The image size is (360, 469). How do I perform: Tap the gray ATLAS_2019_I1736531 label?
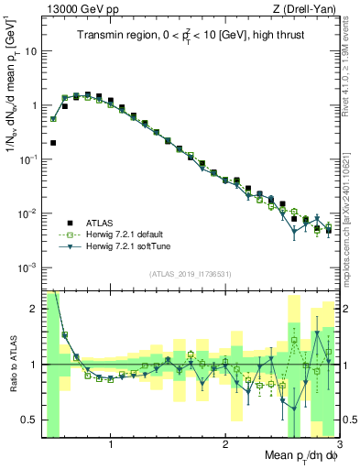190,274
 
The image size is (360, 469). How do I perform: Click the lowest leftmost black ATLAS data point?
53,143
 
